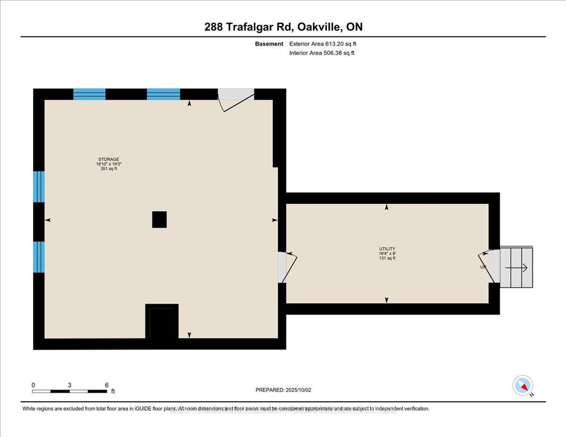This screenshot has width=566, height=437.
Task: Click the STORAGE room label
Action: point(108,159)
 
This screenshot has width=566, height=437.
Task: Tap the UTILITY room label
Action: point(387,249)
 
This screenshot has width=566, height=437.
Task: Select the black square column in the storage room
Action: point(159,220)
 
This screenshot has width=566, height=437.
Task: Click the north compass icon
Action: point(523,385)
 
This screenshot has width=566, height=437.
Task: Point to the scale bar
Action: point(70,391)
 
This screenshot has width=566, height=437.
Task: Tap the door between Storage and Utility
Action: point(287,267)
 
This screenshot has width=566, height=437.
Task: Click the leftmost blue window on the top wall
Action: point(89,94)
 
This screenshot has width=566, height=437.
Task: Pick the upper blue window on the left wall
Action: point(39,187)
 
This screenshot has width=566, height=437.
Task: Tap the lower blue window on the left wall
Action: point(39,257)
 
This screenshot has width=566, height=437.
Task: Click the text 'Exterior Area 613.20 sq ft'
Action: point(322,44)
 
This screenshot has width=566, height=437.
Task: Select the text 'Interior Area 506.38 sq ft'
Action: point(322,53)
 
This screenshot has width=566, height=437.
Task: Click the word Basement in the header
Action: point(269,44)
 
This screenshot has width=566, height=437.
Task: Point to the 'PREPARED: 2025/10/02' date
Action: point(283,390)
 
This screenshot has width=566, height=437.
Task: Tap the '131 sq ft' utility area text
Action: point(387,258)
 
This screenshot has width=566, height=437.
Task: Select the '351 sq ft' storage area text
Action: point(108,169)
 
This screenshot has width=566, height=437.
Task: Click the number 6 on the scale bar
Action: point(107,385)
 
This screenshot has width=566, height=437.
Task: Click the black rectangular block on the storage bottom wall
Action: point(162,322)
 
